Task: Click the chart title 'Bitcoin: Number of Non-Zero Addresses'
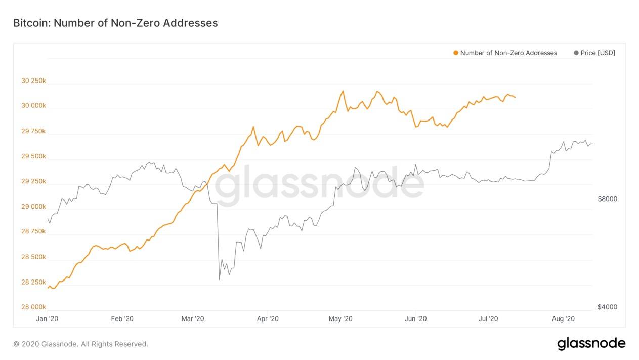[115, 23]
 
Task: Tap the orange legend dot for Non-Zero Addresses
[456, 53]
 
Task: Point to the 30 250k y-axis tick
[33, 81]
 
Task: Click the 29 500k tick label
[33, 156]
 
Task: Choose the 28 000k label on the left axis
[33, 307]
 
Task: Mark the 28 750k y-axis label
[33, 231]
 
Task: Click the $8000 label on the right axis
[607, 199]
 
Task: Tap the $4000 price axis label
[607, 307]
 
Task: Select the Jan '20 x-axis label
[48, 318]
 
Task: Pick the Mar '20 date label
[193, 318]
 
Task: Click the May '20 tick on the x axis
[340, 318]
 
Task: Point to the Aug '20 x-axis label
[563, 318]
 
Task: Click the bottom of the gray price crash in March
[219, 279]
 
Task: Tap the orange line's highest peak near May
[343, 91]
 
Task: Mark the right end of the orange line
[515, 97]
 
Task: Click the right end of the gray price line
[592, 144]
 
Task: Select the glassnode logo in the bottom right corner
[591, 343]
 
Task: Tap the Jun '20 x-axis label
[416, 318]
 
